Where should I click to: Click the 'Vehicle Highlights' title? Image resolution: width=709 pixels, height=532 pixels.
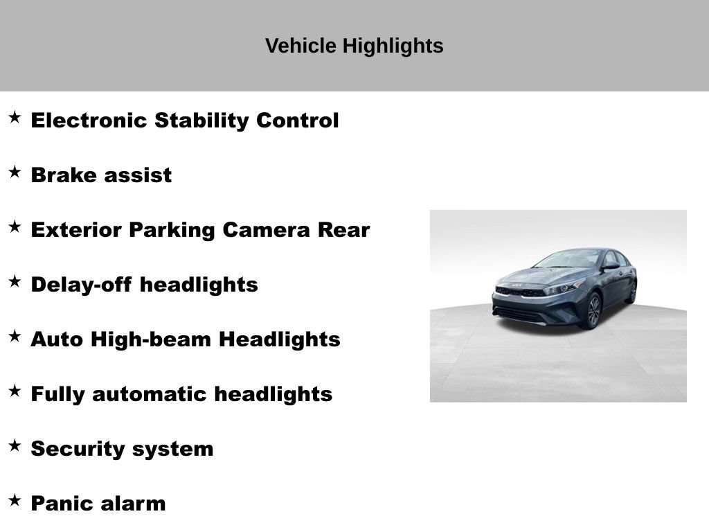(354, 46)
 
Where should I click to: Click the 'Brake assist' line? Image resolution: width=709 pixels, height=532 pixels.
(101, 175)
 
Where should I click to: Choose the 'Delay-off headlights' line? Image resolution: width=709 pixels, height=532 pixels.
(144, 285)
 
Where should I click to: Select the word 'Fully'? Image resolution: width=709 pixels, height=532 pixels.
(58, 394)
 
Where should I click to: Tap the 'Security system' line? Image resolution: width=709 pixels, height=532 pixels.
(122, 449)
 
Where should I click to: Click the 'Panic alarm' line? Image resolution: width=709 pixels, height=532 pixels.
(98, 504)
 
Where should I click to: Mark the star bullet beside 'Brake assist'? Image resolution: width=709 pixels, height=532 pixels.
(15, 172)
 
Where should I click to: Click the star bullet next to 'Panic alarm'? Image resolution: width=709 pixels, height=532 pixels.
(15, 500)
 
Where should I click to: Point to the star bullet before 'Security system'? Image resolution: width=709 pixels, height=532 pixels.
(15, 445)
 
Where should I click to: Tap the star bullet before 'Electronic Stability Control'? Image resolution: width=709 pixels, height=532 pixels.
(15, 118)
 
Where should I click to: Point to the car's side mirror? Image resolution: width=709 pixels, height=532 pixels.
(610, 265)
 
